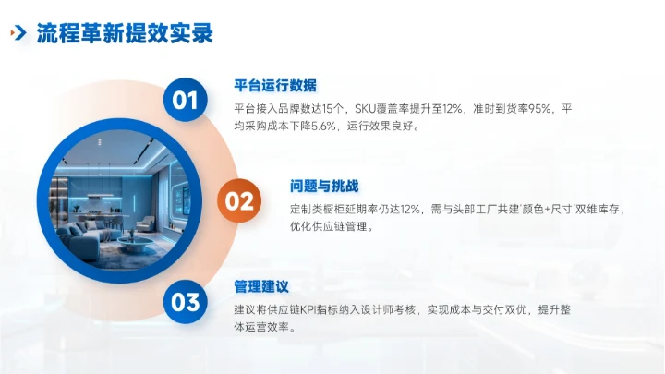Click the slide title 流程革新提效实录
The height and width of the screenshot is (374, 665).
click(125, 34)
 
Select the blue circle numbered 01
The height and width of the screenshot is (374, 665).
click(186, 100)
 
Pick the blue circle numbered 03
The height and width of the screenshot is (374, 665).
click(186, 301)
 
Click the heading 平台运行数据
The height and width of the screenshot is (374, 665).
click(275, 85)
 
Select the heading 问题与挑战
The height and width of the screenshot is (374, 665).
click(323, 187)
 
